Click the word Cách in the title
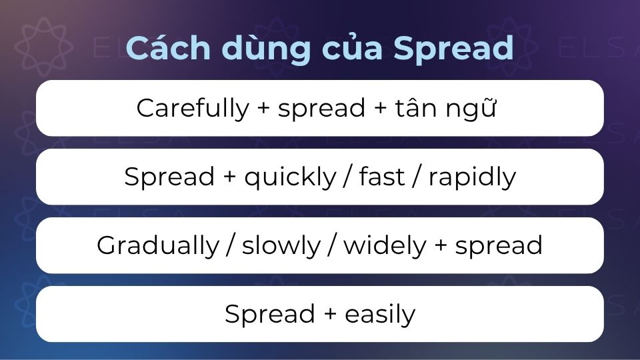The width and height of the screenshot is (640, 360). pos(168,47)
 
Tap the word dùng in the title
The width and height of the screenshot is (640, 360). pos(266,50)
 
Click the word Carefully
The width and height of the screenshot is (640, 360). pos(193,109)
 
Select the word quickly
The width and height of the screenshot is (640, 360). pos(290,177)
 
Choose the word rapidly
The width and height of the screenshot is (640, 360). pos(472,177)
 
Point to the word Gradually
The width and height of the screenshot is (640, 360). pos(159,245)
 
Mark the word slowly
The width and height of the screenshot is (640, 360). pos(281,246)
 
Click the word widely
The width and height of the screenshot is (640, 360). pos(385,246)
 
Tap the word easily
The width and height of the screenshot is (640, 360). pos(380,314)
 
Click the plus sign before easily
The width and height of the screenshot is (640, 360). pos(330,314)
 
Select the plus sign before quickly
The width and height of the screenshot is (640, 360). pos(230,177)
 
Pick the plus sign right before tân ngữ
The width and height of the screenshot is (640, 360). pos(380,108)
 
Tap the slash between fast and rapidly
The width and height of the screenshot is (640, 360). pos(417,177)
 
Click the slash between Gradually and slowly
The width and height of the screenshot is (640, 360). pos(231,246)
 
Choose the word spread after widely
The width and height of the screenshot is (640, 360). pos(499,246)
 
